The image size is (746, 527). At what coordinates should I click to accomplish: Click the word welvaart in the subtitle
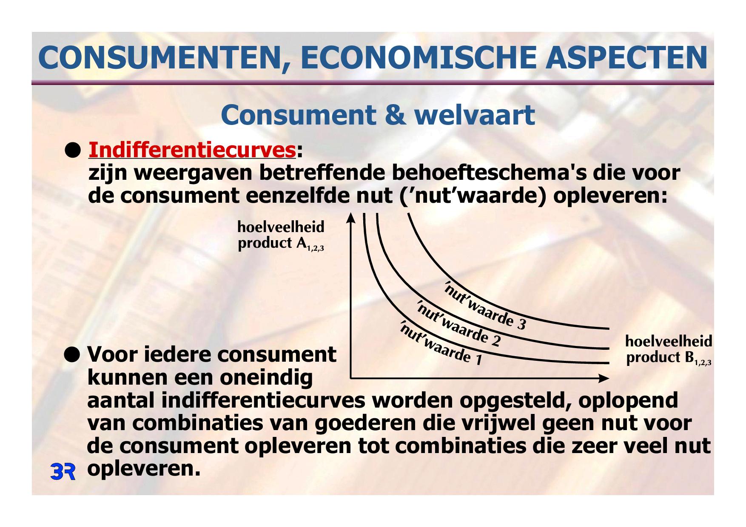tap(475, 115)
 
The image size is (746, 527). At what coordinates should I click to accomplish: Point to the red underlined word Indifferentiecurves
tap(192, 150)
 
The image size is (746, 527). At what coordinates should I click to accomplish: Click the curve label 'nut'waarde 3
tap(485, 305)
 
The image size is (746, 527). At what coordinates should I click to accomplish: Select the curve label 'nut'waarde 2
tap(458, 323)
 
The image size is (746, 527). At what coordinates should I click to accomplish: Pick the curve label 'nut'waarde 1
tap(441, 343)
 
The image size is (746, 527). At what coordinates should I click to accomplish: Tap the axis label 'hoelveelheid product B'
tap(669, 349)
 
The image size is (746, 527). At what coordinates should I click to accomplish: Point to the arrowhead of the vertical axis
tap(350, 218)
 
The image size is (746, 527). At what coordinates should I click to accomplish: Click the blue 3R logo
tap(63, 472)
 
